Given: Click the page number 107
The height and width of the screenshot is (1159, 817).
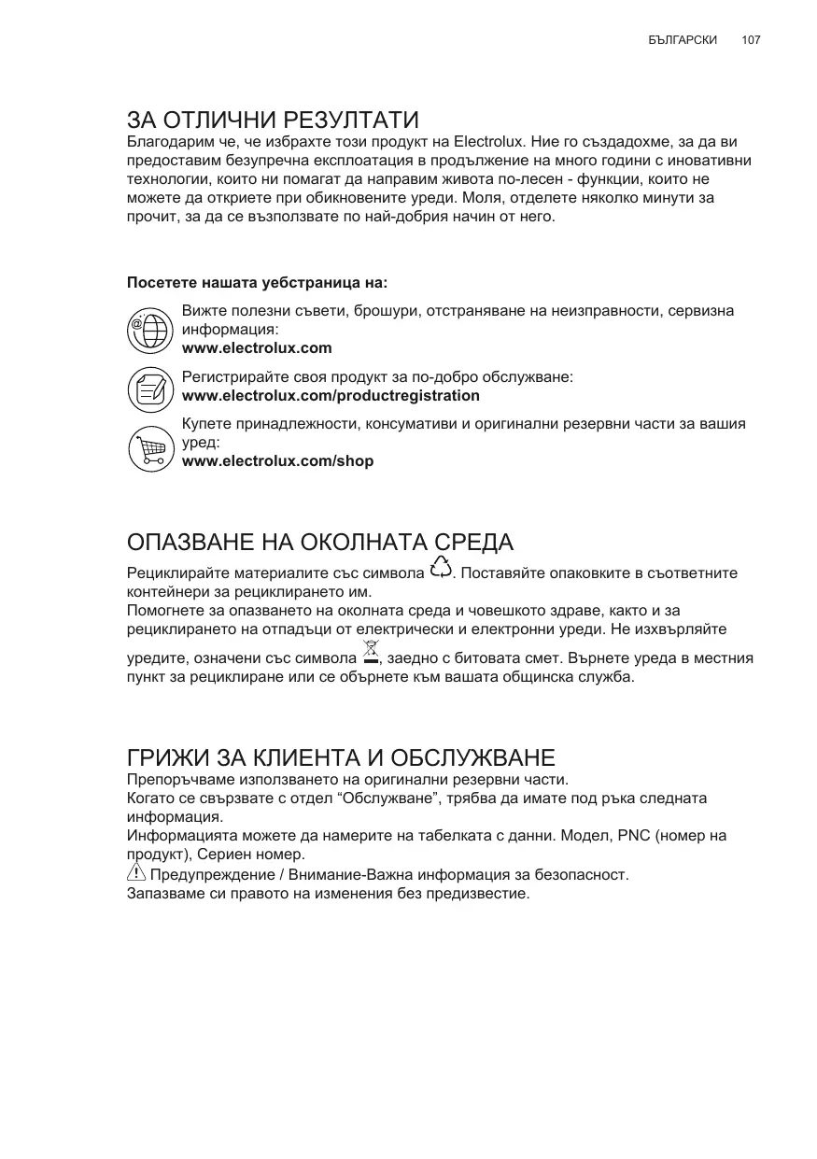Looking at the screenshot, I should pyautogui.click(x=751, y=40).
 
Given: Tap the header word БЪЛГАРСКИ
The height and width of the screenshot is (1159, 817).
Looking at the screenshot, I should pyautogui.click(x=682, y=40).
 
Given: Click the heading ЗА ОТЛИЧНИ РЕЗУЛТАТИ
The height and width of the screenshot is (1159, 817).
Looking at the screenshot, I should pyautogui.click(x=273, y=120).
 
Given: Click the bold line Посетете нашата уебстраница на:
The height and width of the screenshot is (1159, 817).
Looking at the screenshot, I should pyautogui.click(x=256, y=282).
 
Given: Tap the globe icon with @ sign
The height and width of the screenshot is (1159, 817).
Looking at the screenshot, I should pyautogui.click(x=149, y=330).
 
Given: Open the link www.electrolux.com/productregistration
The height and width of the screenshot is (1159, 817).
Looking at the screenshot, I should pyautogui.click(x=331, y=395).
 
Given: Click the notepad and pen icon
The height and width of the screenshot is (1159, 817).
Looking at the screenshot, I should pyautogui.click(x=149, y=389).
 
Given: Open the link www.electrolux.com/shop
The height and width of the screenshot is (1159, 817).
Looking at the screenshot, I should pyautogui.click(x=277, y=460).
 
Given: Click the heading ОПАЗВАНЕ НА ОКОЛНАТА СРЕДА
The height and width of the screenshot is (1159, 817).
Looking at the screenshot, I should pyautogui.click(x=320, y=543).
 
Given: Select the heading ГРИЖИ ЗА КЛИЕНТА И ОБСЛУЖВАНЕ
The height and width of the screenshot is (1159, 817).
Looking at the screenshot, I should pyautogui.click(x=341, y=757).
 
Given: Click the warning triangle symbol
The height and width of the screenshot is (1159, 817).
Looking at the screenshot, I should pyautogui.click(x=136, y=873).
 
